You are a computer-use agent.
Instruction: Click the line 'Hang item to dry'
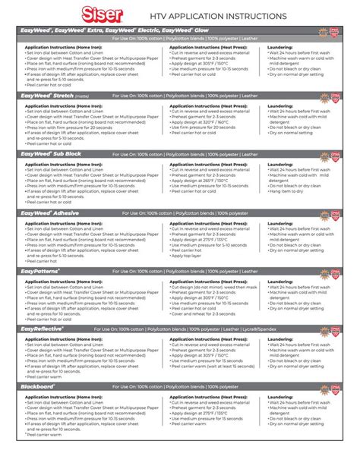(292, 191)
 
